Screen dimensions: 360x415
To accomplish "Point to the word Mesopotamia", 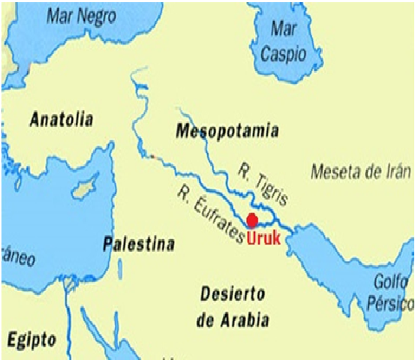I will pyautogui.click(x=227, y=131).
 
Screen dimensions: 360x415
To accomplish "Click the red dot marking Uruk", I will pyautogui.click(x=253, y=220).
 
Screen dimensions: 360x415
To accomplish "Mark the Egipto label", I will pyautogui.click(x=32, y=340).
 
